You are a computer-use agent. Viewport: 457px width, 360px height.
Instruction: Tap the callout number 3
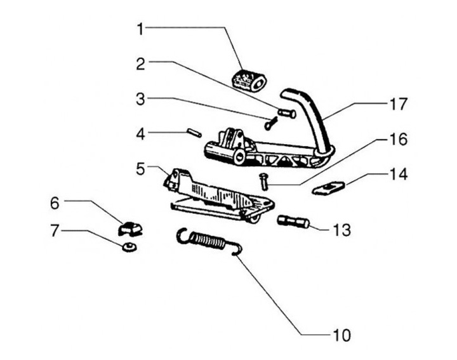pos(140,99)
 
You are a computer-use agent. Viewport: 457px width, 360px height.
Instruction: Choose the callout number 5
pos(140,169)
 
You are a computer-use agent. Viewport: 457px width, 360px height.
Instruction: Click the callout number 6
pos(55,204)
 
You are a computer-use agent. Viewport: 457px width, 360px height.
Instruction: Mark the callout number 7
pos(55,230)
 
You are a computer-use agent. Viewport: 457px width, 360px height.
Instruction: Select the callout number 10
pos(340,335)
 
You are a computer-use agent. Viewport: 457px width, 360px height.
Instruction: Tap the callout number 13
pos(340,229)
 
